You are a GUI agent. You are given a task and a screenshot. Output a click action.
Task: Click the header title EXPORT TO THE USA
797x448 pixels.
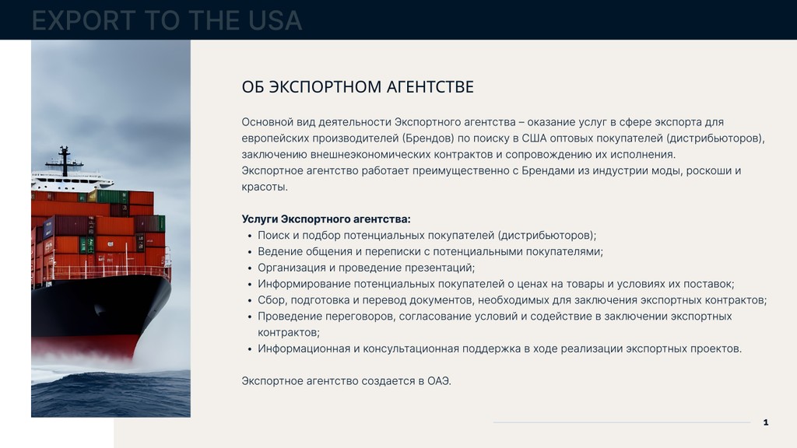[167, 20]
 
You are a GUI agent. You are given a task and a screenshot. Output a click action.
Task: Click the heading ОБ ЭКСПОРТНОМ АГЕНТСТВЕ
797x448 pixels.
[357, 87]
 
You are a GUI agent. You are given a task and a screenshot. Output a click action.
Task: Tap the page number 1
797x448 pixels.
[766, 422]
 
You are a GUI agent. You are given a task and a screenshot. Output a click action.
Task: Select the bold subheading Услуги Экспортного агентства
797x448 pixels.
[326, 219]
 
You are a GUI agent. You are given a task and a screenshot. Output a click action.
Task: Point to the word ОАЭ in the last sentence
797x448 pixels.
[439, 380]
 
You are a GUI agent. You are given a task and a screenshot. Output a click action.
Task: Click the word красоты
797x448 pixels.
[265, 187]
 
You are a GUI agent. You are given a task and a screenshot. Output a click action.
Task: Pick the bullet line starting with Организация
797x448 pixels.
[366, 268]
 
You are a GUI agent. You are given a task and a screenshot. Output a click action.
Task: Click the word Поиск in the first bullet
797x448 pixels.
[273, 235]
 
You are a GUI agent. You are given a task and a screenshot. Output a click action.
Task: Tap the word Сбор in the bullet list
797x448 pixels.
[272, 300]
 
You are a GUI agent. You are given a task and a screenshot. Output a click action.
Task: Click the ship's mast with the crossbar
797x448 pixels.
[64, 161]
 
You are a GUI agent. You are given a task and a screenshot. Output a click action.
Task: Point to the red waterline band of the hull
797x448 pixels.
[84, 345]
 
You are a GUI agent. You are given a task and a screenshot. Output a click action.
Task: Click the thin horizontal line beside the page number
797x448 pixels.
[622, 422]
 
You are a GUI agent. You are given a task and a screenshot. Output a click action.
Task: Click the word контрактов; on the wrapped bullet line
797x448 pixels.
[289, 333]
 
